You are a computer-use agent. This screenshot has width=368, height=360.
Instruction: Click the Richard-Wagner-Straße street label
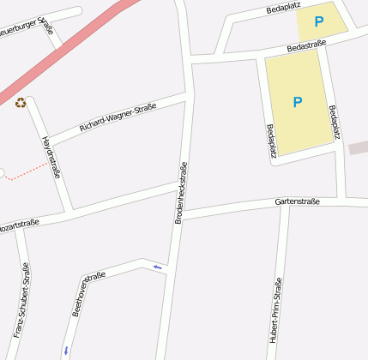tap(118, 117)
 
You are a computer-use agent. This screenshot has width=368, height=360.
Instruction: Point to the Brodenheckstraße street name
tap(181, 194)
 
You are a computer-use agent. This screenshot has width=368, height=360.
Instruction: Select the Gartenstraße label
tap(297, 201)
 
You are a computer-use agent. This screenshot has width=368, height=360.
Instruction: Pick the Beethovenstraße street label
tap(88, 293)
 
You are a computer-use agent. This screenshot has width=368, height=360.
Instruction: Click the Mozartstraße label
tap(15, 227)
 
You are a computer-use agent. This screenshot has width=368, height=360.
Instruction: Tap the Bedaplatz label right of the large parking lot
tap(335, 122)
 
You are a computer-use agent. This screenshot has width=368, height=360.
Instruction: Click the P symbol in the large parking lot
tap(298, 102)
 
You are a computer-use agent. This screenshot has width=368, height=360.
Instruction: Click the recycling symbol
tap(20, 103)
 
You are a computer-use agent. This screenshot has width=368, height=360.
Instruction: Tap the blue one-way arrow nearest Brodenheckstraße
tap(156, 267)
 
